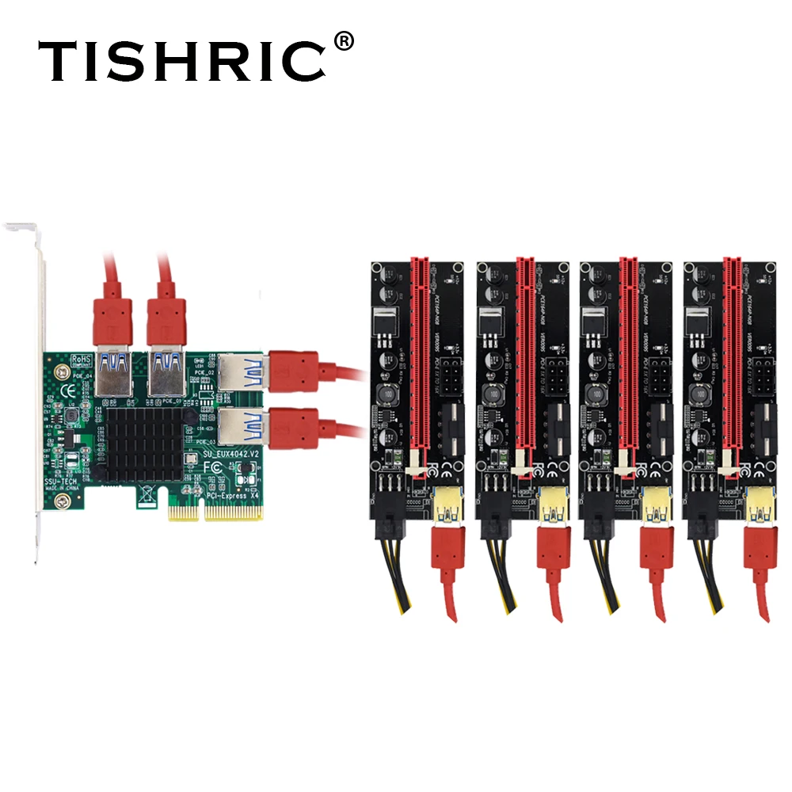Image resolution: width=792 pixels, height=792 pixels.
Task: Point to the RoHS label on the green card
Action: click(82, 360)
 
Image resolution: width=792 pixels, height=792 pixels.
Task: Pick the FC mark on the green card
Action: click(213, 468)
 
